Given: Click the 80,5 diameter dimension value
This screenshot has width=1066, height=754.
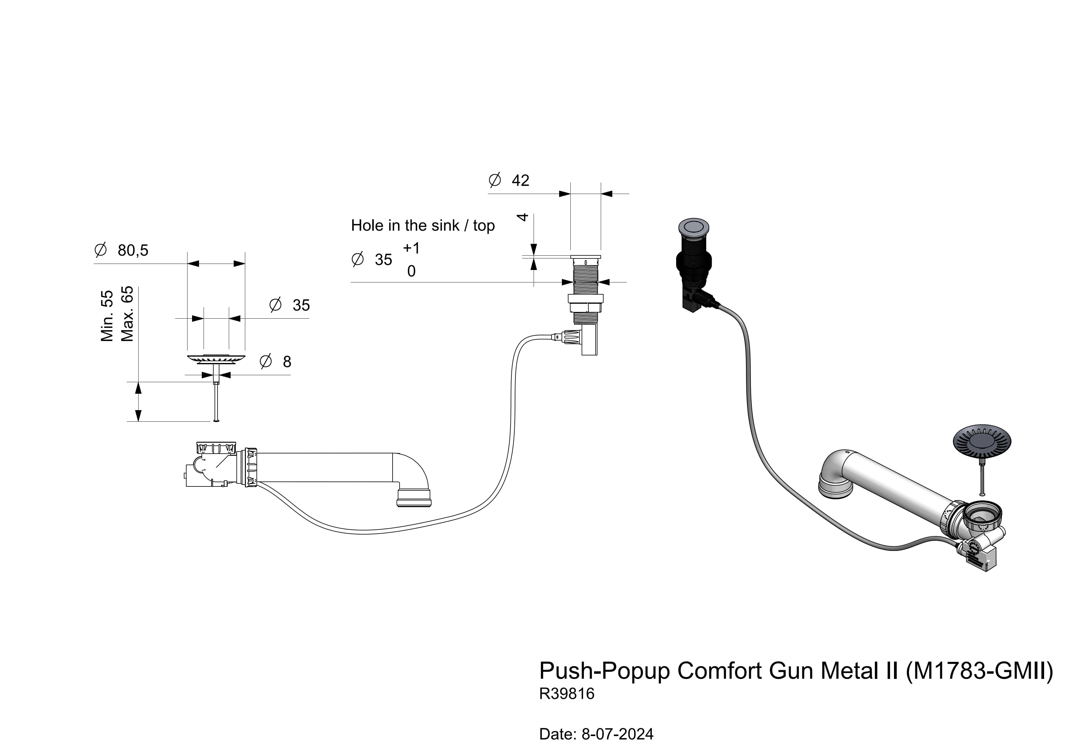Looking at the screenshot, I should pyautogui.click(x=133, y=251).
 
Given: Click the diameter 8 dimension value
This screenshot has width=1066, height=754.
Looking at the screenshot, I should pyautogui.click(x=287, y=361).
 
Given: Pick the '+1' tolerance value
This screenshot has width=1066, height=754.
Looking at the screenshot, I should pyautogui.click(x=411, y=248).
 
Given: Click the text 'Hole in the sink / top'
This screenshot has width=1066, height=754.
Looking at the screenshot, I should pyautogui.click(x=422, y=226).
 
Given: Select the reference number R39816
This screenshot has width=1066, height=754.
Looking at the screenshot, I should pyautogui.click(x=566, y=693).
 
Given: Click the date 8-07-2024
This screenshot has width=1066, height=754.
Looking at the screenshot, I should pyautogui.click(x=617, y=734).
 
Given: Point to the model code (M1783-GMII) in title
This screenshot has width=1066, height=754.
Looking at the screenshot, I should pyautogui.click(x=979, y=670).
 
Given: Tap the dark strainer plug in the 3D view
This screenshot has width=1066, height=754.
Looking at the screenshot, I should pyautogui.click(x=982, y=441).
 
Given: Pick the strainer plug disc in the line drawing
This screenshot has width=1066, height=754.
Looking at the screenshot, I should pyautogui.click(x=216, y=359).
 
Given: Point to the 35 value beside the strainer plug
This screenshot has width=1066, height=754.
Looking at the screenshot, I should pyautogui.click(x=301, y=305).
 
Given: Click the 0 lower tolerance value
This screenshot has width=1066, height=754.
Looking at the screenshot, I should pyautogui.click(x=411, y=271).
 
